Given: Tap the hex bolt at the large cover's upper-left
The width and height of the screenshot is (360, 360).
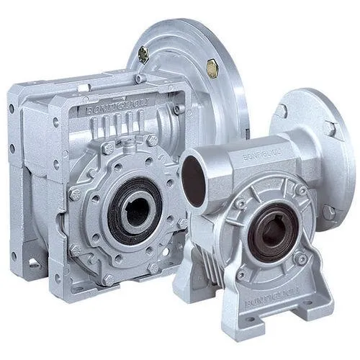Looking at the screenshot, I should point(108,148).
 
